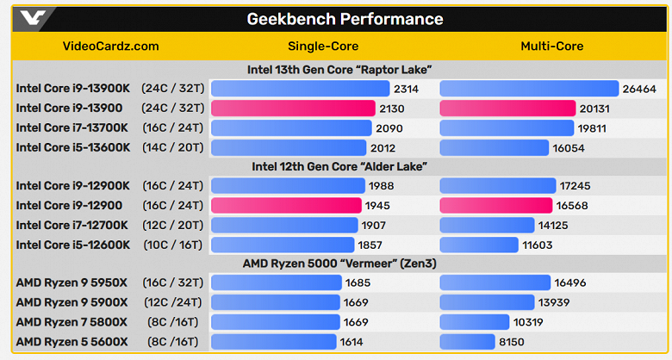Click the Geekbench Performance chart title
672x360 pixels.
(x=345, y=19)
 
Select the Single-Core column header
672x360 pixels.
(x=323, y=47)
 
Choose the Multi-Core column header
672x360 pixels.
(x=553, y=47)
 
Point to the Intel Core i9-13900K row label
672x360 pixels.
(x=72, y=88)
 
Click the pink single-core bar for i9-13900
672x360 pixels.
(x=293, y=108)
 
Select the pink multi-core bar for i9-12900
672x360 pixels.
(x=495, y=205)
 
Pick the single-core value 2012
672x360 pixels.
(x=384, y=147)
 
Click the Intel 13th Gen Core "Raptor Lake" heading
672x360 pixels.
(x=338, y=70)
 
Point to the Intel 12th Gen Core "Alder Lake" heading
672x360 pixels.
(x=339, y=166)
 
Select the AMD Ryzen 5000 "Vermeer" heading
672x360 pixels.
(x=338, y=263)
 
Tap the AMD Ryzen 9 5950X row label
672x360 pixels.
(x=72, y=282)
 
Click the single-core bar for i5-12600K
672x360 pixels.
(x=283, y=245)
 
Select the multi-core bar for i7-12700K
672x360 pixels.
(x=487, y=225)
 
